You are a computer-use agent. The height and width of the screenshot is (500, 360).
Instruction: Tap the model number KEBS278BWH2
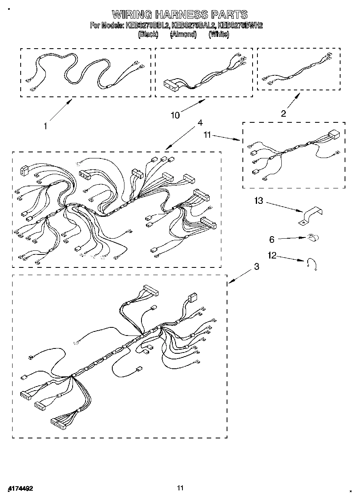240,26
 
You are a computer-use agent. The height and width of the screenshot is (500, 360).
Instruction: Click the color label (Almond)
183,34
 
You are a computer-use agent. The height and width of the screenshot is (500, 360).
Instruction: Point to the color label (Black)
148,34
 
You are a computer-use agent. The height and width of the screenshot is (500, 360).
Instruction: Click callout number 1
46,126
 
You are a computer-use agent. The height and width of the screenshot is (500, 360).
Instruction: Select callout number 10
175,115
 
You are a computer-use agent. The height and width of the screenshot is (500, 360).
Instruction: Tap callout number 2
283,113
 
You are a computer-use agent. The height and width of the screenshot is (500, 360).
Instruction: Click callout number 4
200,122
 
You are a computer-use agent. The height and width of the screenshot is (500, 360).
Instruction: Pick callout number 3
256,266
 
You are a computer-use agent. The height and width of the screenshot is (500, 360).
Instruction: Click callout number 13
259,201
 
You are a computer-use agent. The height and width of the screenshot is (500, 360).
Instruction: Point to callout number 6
272,239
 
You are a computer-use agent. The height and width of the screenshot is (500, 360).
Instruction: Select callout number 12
272,255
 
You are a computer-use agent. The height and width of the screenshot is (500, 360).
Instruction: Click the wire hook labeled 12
312,264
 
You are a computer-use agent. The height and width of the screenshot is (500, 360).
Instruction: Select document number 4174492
20,488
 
